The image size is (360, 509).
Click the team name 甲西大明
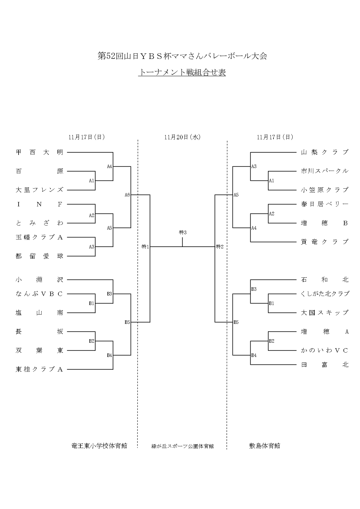tap(39, 152)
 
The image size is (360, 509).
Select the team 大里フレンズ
tap(39, 190)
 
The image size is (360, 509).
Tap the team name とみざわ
tap(39, 223)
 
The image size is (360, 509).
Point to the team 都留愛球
tap(39, 256)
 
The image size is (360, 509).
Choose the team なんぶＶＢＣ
tap(39, 294)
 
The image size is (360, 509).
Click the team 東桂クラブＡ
tap(39, 369)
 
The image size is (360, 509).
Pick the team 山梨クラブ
tap(325, 152)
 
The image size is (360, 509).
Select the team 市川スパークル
tap(325, 171)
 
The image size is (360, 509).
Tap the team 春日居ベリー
tap(325, 204)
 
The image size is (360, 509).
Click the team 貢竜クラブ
tap(325, 242)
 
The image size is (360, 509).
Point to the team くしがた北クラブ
tap(325, 294)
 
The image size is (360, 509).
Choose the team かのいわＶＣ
tap(325, 351)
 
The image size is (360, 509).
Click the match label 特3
tap(183, 232)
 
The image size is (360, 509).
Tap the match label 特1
tap(145, 247)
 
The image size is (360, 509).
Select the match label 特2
tap(220, 247)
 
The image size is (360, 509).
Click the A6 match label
tap(127, 195)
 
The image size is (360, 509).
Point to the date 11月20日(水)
tap(182, 137)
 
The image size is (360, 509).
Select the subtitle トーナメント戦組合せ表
tap(182, 73)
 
